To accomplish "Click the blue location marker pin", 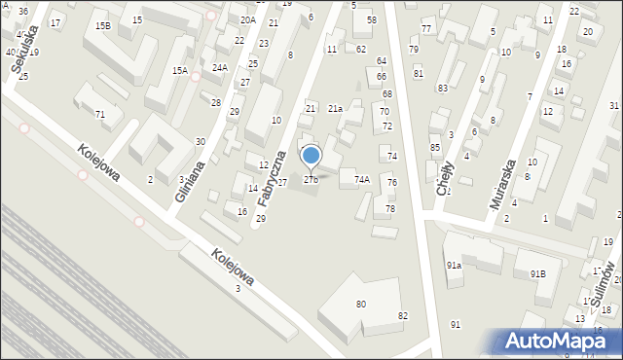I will pyautogui.click(x=311, y=156).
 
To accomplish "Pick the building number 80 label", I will pyautogui.click(x=361, y=305).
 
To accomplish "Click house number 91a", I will pyautogui.click(x=454, y=265).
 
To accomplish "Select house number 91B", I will pyautogui.click(x=538, y=274).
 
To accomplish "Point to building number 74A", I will pyautogui.click(x=361, y=179).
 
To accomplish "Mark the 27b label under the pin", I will pyautogui.click(x=311, y=179).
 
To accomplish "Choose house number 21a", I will pyautogui.click(x=335, y=109).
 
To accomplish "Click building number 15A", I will pyautogui.click(x=180, y=70).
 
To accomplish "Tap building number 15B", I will pyautogui.click(x=102, y=25).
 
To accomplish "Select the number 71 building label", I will pyautogui.click(x=99, y=115).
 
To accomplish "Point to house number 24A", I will pyautogui.click(x=220, y=67).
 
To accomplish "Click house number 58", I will pyautogui.click(x=371, y=19).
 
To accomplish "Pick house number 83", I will pyautogui.click(x=442, y=88).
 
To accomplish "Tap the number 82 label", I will pyautogui.click(x=403, y=316).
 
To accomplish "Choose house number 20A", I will pyautogui.click(x=248, y=19).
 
